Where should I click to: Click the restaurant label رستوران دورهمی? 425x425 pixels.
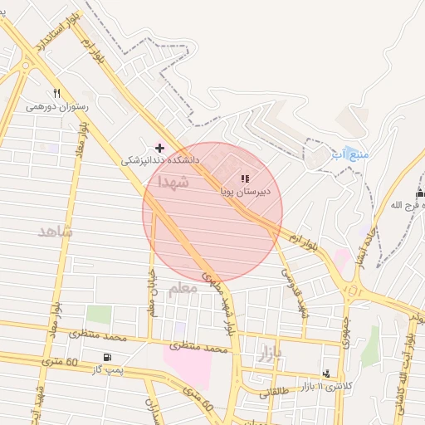[51, 106]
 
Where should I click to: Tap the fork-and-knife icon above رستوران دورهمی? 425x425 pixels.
[56, 93]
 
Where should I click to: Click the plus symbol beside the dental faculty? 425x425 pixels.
[160, 147]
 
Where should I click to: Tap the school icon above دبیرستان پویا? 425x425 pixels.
[245, 178]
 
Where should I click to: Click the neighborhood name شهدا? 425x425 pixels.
[178, 179]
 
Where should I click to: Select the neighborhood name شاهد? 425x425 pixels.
[56, 231]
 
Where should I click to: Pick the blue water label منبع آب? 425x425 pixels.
[349, 154]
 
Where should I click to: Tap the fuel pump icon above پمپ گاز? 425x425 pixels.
[105, 357]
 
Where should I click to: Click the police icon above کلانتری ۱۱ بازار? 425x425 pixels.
[325, 373]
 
